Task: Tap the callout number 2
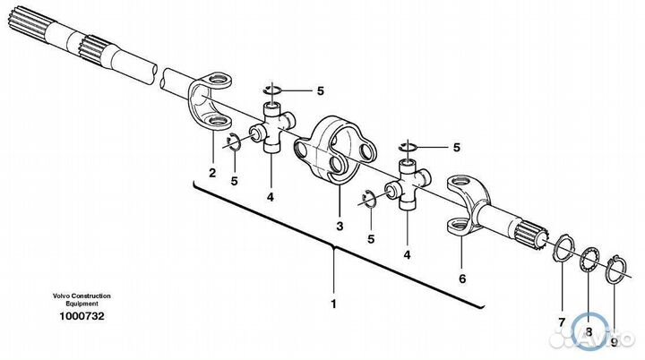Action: pos(212,172)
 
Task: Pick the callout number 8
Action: pos(589,332)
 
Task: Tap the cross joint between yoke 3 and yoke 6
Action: pos(407,183)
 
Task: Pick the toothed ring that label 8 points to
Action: pos(588,262)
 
